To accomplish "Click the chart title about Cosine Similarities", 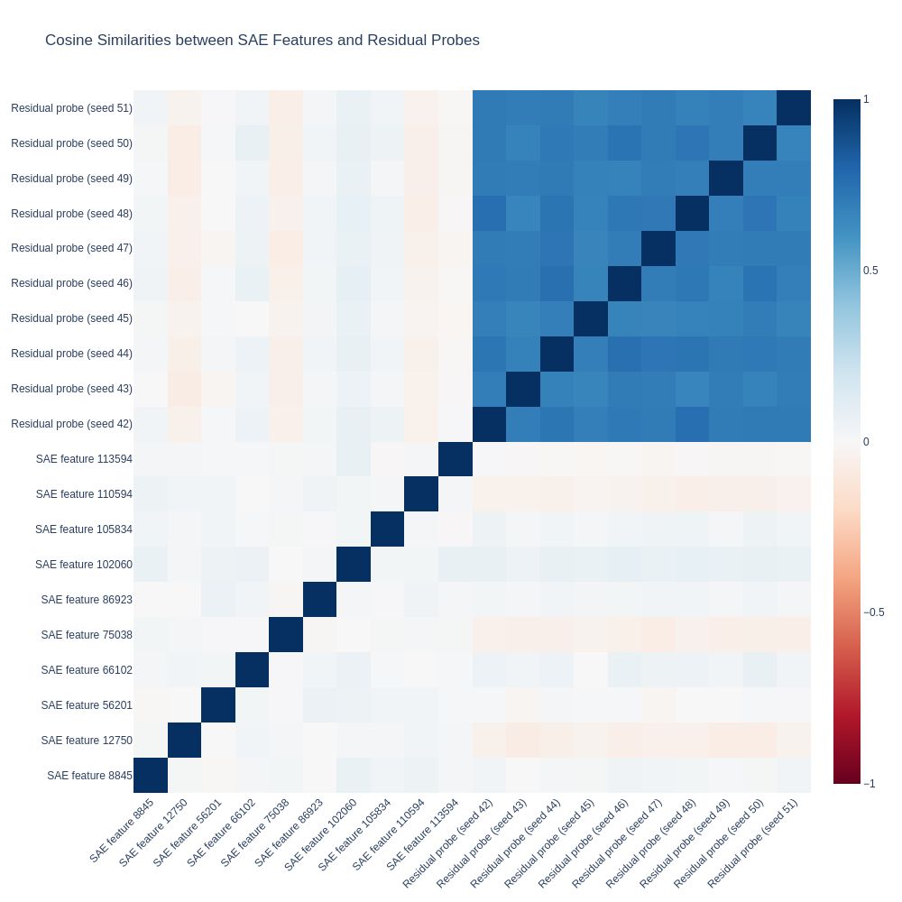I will pos(262,41).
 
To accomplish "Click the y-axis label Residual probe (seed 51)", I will pos(71,108).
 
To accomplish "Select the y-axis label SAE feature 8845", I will pos(89,776).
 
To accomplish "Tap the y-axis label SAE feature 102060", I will pos(84,565).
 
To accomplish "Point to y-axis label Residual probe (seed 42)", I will pos(71,424).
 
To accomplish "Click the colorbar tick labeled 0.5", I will pos(870,271).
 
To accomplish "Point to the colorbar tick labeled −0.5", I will pos(873,612).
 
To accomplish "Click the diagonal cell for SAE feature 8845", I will pos(151,776).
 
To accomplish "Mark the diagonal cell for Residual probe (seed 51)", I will pos(793,108).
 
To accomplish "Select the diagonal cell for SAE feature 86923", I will pos(319,600).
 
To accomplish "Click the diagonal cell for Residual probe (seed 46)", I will pos(624,283).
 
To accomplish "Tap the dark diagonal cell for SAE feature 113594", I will pos(455,459).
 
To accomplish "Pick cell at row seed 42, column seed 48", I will pos(692,424).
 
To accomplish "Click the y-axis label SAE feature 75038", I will pos(87,635).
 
